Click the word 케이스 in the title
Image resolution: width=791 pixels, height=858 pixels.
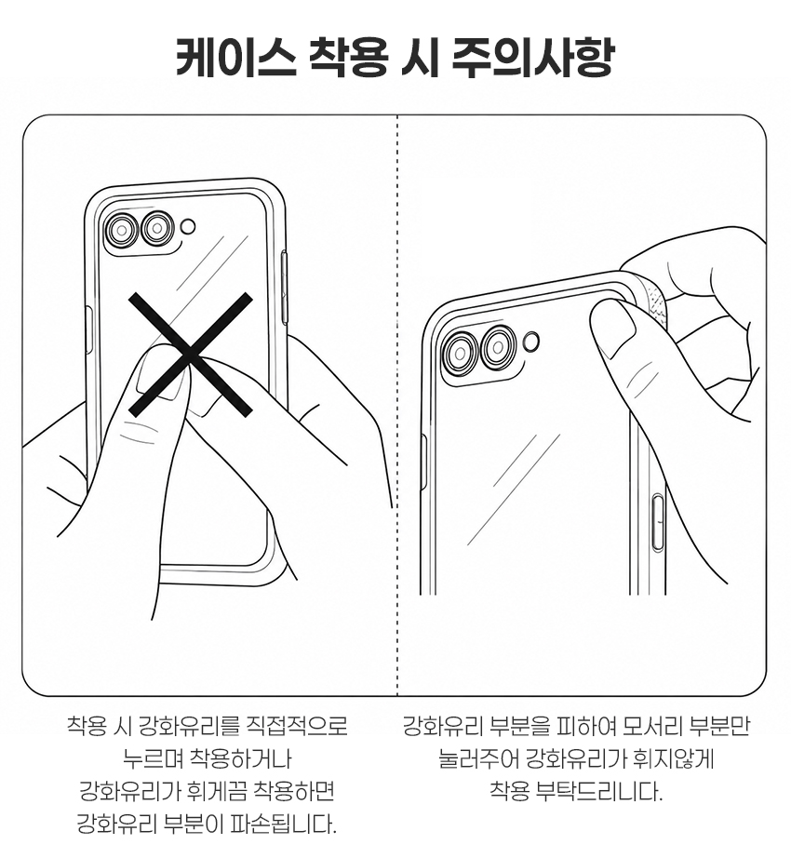tap(235, 57)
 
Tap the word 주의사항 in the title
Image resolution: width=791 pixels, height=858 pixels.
tap(533, 57)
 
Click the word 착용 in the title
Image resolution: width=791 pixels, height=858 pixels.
tap(348, 57)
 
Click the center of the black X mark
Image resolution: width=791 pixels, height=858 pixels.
tap(190, 354)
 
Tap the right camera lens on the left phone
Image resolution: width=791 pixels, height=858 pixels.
tap(157, 227)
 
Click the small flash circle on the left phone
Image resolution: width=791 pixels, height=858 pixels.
tap(189, 226)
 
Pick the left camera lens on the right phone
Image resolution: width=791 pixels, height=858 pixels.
tap(462, 352)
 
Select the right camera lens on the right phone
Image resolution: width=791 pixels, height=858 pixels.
tap(499, 346)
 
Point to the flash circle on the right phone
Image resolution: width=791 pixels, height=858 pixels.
tap(531, 341)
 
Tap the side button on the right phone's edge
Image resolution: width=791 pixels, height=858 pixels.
tap(658, 521)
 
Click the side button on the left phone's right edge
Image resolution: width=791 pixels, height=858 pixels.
tap(284, 288)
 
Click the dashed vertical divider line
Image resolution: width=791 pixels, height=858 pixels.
tap(397, 406)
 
